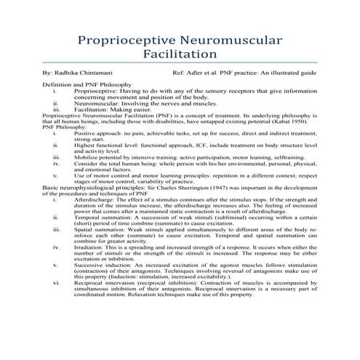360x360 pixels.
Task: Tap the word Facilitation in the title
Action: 180,54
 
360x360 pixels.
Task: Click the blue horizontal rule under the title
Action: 180,66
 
